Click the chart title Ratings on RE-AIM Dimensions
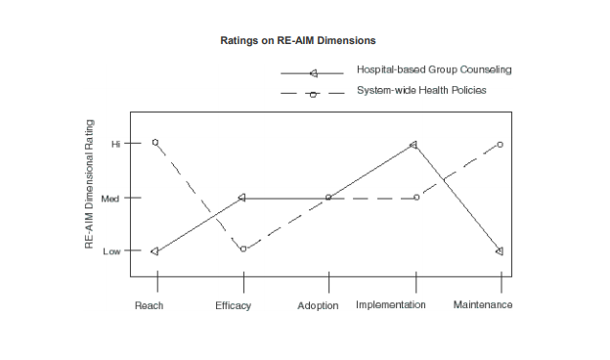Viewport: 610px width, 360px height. tap(298, 40)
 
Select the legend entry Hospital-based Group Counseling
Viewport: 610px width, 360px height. tap(434, 70)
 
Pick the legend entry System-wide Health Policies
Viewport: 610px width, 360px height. tap(421, 90)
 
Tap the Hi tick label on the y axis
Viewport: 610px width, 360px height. tap(115, 144)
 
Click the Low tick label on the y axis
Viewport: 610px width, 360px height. tap(112, 251)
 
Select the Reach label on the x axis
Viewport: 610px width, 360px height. tap(149, 305)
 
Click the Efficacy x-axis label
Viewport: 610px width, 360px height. tap(234, 305)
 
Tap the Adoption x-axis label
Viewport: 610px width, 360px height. tap(318, 306)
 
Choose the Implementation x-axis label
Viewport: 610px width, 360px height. tap(391, 305)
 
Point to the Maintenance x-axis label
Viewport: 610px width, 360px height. tap(483, 305)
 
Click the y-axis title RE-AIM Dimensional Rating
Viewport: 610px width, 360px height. tap(89, 184)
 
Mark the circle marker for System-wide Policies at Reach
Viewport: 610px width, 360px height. tap(155, 142)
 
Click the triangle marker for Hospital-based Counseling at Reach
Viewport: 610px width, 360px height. tap(155, 251)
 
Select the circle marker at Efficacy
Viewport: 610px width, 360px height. tap(243, 248)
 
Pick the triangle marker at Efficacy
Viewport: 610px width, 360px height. tap(241, 198)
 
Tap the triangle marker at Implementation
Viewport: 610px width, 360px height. tap(414, 145)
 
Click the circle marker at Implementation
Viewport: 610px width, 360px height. tap(417, 198)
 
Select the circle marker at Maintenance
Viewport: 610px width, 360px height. tap(500, 144)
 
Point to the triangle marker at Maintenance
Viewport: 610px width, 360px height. tap(499, 251)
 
